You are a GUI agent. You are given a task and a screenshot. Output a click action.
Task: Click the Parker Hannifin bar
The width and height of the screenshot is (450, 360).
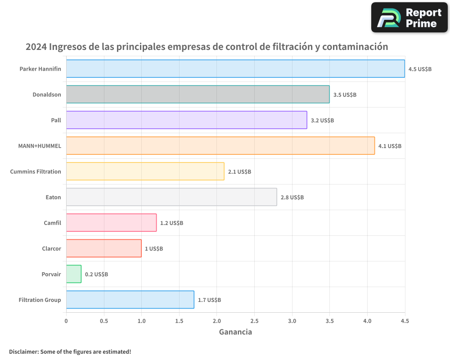[x=235, y=69]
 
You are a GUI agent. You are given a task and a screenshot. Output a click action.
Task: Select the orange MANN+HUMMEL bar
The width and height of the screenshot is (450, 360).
[x=220, y=146]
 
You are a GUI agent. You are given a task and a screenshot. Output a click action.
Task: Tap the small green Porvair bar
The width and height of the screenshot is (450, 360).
[x=74, y=274]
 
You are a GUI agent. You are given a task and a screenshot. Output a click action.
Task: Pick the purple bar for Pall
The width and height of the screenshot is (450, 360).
[x=186, y=120]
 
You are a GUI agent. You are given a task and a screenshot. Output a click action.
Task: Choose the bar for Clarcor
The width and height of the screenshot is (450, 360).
[x=103, y=248]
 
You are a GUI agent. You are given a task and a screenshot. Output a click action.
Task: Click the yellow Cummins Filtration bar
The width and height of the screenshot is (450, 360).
[x=145, y=171]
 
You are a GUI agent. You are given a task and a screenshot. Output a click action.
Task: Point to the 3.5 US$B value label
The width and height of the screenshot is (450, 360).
[x=345, y=95]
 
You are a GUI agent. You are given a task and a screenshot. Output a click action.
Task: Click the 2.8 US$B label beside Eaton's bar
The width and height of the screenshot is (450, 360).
[x=292, y=198]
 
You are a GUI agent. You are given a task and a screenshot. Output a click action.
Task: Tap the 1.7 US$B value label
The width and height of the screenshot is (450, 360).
[x=209, y=300]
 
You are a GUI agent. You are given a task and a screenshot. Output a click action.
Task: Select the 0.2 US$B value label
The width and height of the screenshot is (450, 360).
[x=96, y=274]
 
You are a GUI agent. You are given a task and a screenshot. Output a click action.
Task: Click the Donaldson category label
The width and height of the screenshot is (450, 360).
[x=47, y=94]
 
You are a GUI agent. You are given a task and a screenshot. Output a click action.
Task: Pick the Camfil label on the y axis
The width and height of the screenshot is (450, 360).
[x=52, y=223]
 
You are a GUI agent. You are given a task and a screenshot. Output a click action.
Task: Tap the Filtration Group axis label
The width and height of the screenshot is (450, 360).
[x=40, y=300]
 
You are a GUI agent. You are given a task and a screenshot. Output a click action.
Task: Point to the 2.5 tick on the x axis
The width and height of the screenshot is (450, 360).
[x=254, y=321]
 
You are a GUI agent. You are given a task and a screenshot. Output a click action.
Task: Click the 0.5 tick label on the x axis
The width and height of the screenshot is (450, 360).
[x=104, y=321]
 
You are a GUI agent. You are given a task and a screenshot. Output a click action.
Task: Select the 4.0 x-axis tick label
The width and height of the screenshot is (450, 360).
[x=367, y=321]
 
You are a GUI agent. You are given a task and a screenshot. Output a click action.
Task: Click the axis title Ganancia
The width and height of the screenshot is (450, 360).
[x=235, y=332]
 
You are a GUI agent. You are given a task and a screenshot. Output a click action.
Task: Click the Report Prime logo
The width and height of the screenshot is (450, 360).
[x=409, y=18]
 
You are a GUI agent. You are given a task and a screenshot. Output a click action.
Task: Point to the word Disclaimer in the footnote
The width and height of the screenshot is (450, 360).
[x=23, y=351]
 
